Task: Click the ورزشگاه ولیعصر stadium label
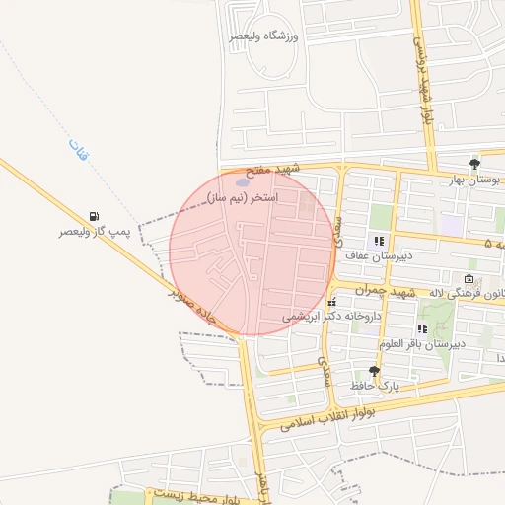[x=263, y=36]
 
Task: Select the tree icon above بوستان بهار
[x=475, y=163]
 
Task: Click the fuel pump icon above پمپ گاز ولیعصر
[x=94, y=216]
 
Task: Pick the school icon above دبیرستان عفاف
[x=378, y=240]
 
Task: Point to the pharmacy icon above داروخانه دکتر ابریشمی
[x=331, y=301]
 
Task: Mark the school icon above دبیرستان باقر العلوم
[x=423, y=328]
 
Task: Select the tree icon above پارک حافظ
[x=374, y=370]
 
